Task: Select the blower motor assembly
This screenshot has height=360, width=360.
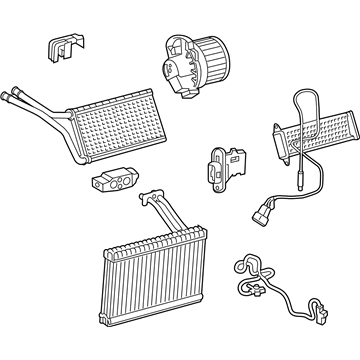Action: (x=190, y=64)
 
